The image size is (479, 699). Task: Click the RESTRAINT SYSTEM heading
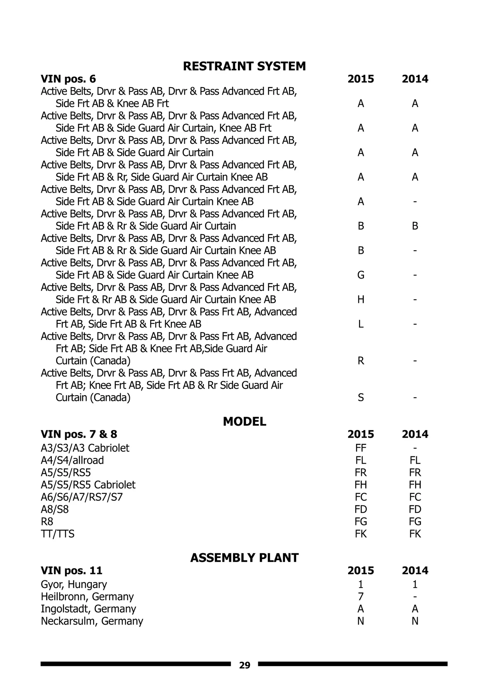coord(244,66)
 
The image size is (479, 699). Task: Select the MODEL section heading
coord(244,421)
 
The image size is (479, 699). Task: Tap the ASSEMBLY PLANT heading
coord(244,558)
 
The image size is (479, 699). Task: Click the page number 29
coord(244,665)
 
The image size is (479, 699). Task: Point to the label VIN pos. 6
coord(68,79)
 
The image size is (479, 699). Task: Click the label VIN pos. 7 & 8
coord(79,434)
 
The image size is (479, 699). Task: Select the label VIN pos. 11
coord(71,570)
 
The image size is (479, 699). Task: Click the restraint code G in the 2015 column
coord(360,275)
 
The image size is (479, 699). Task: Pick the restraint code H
coord(360,299)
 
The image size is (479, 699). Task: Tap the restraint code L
coord(360,324)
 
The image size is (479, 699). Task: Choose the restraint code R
coord(360,360)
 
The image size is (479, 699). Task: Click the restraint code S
coord(360,397)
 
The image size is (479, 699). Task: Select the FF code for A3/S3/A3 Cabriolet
coord(360,448)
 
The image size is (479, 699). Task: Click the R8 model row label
coord(47,522)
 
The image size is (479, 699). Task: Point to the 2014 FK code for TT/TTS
coord(415,534)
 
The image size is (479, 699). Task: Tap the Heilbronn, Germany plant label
coord(87,596)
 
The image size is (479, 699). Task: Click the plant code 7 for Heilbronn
coord(360,596)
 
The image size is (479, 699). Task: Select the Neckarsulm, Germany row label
coord(92,621)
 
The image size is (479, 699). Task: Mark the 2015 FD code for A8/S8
coord(360,509)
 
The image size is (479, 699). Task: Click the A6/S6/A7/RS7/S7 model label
coord(81,497)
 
